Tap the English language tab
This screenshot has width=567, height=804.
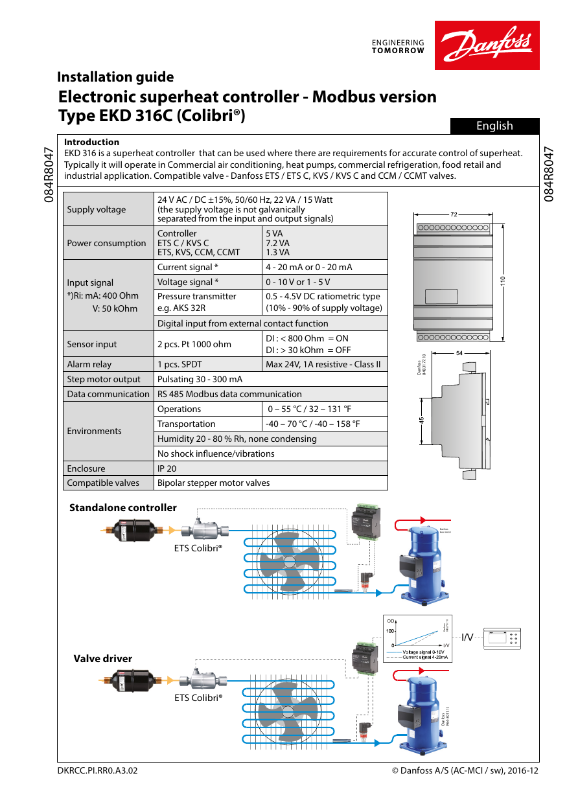point(494,126)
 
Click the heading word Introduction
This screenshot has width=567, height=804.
point(91,142)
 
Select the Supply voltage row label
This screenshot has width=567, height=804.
point(97,209)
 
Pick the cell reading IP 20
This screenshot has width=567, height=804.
point(167,468)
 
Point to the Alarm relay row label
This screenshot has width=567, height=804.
point(89,364)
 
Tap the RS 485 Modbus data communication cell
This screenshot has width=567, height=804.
point(229,394)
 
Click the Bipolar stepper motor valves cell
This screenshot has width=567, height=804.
point(213,483)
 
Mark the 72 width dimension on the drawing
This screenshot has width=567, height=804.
point(454,213)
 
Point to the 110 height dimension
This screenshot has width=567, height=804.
point(502,280)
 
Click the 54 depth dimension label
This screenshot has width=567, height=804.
point(459,353)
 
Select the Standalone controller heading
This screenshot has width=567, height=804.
point(123,508)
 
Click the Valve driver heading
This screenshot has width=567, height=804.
point(102,659)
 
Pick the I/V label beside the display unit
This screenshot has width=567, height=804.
point(467,637)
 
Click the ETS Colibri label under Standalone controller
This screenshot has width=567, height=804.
point(198,547)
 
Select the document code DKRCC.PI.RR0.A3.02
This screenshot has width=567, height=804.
point(98,771)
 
